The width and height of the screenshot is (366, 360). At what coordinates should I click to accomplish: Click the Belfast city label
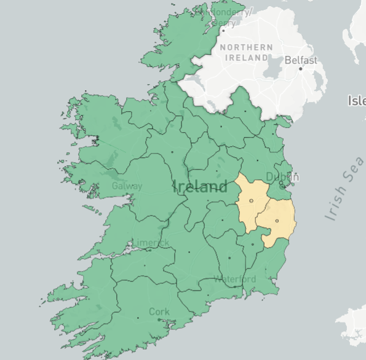[301, 60]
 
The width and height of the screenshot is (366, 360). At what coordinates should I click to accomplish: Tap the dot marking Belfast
[301, 68]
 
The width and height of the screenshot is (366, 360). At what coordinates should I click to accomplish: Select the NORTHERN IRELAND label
[246, 52]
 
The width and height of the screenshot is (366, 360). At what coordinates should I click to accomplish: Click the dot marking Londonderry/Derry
[223, 28]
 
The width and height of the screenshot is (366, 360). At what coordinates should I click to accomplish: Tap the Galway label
[127, 186]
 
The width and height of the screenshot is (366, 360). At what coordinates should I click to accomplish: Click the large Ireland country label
[201, 187]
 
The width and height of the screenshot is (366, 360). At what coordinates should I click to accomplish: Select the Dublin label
[282, 177]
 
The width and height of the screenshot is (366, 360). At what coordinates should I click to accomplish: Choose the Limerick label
[150, 243]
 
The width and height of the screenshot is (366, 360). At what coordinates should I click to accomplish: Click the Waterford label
[234, 280]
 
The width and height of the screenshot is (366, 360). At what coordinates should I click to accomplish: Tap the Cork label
[159, 311]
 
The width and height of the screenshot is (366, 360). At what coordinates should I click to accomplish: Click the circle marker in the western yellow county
[251, 201]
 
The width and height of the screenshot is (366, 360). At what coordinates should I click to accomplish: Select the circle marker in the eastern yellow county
[277, 221]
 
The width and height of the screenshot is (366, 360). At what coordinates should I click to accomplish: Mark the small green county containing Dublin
[282, 187]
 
